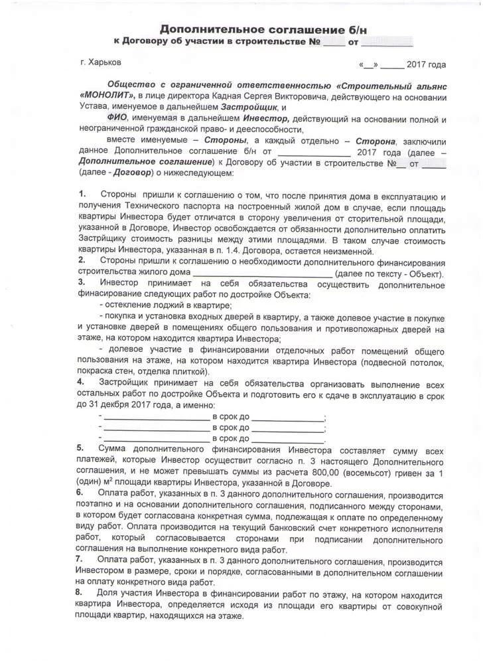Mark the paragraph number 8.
click(82, 590)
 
